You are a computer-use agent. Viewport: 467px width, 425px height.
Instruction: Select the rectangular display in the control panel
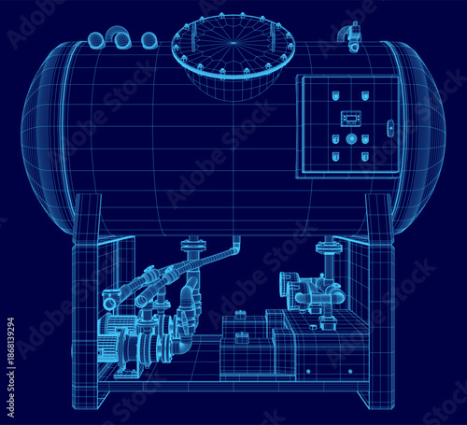pos(350,118)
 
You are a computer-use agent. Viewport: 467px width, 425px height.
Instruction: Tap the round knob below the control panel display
pos(350,138)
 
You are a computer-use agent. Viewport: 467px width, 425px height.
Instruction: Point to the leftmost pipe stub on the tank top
pos(96,39)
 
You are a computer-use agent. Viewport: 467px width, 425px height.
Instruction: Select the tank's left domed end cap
pos(47,140)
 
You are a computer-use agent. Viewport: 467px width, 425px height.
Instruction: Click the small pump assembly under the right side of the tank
pos(308,291)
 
